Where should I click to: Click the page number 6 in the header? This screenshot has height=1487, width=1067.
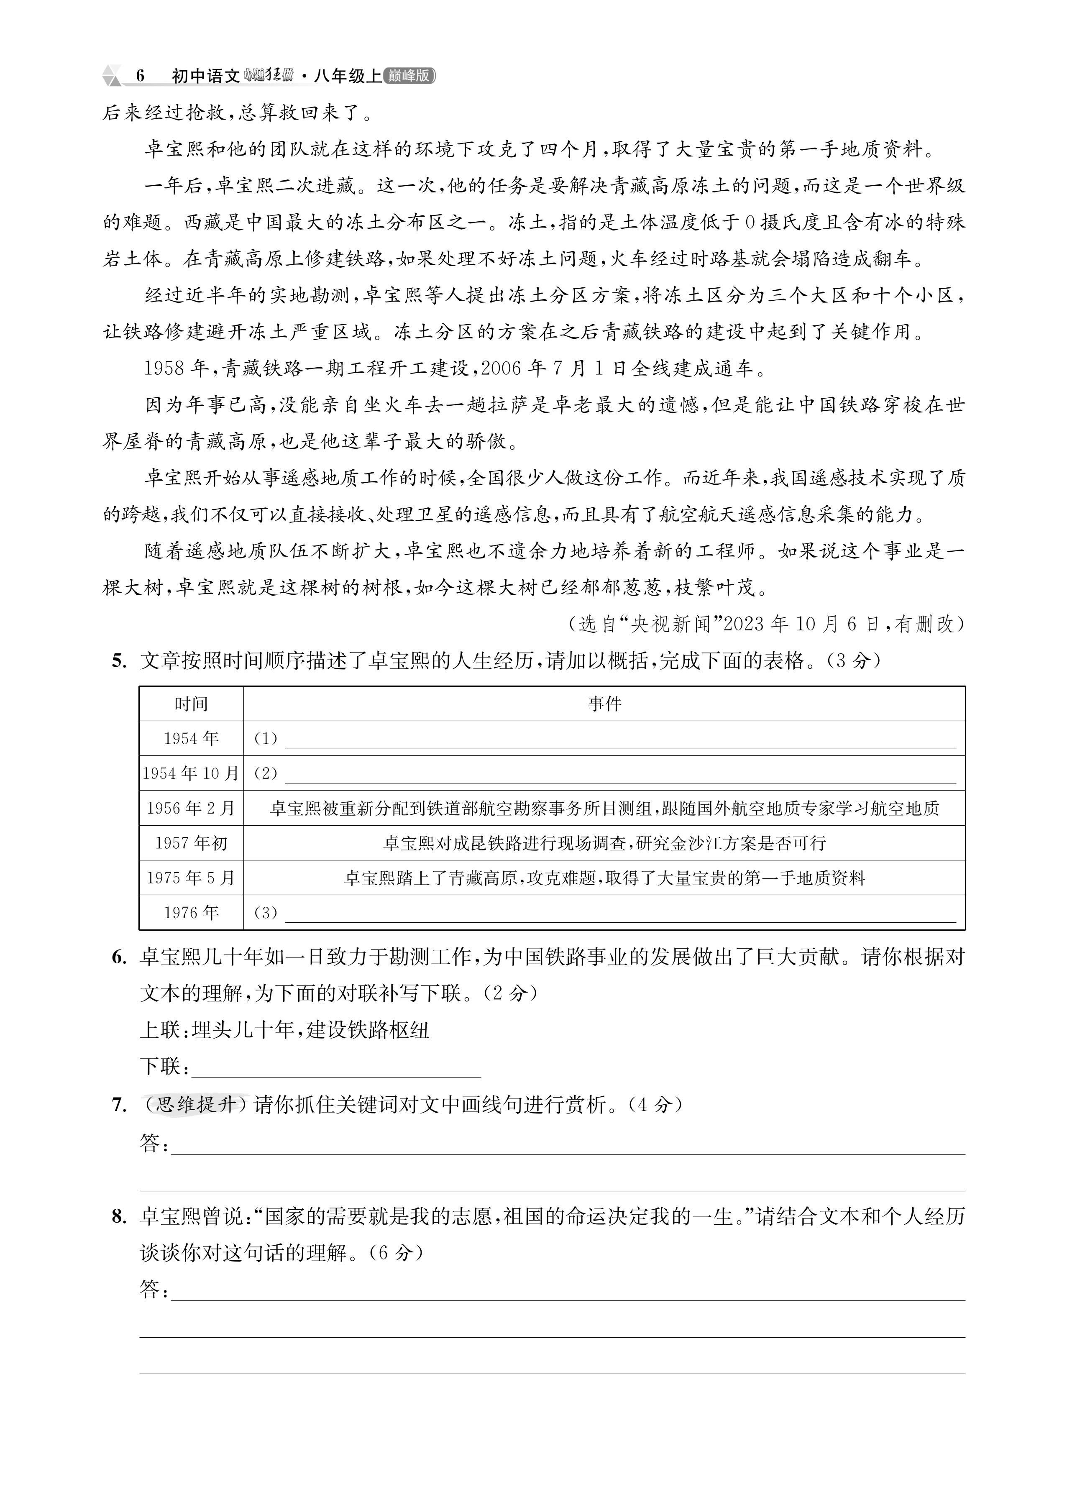(x=140, y=76)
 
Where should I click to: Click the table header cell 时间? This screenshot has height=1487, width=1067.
(x=191, y=704)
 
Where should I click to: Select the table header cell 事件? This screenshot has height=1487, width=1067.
(x=604, y=704)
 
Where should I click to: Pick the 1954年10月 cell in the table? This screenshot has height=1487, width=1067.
(x=191, y=773)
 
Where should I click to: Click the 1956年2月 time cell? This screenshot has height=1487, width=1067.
(x=191, y=808)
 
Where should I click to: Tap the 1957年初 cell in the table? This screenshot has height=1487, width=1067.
(x=191, y=842)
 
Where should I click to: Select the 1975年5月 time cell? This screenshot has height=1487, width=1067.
(x=191, y=877)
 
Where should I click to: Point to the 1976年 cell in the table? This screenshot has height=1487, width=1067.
(x=191, y=912)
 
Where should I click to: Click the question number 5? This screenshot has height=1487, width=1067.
(x=119, y=661)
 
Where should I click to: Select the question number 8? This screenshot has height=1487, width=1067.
(x=119, y=1217)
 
